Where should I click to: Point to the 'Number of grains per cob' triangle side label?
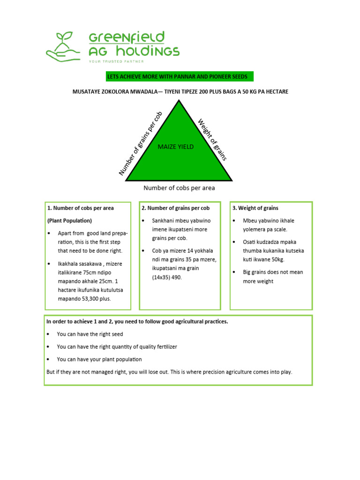pyautogui.click(x=140, y=143)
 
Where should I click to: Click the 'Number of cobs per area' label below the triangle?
pyautogui.click(x=179, y=188)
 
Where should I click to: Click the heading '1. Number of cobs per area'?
pyautogui.click(x=80, y=208)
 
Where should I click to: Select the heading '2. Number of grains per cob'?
pyautogui.click(x=175, y=208)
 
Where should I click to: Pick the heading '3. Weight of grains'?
pyautogui.click(x=255, y=208)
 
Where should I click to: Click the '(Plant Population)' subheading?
pyautogui.click(x=69, y=220)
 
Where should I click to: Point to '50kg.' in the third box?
pyautogui.click(x=277, y=259)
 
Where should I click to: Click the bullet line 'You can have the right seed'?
pyautogui.click(x=90, y=334)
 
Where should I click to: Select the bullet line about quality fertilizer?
pyautogui.click(x=117, y=347)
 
